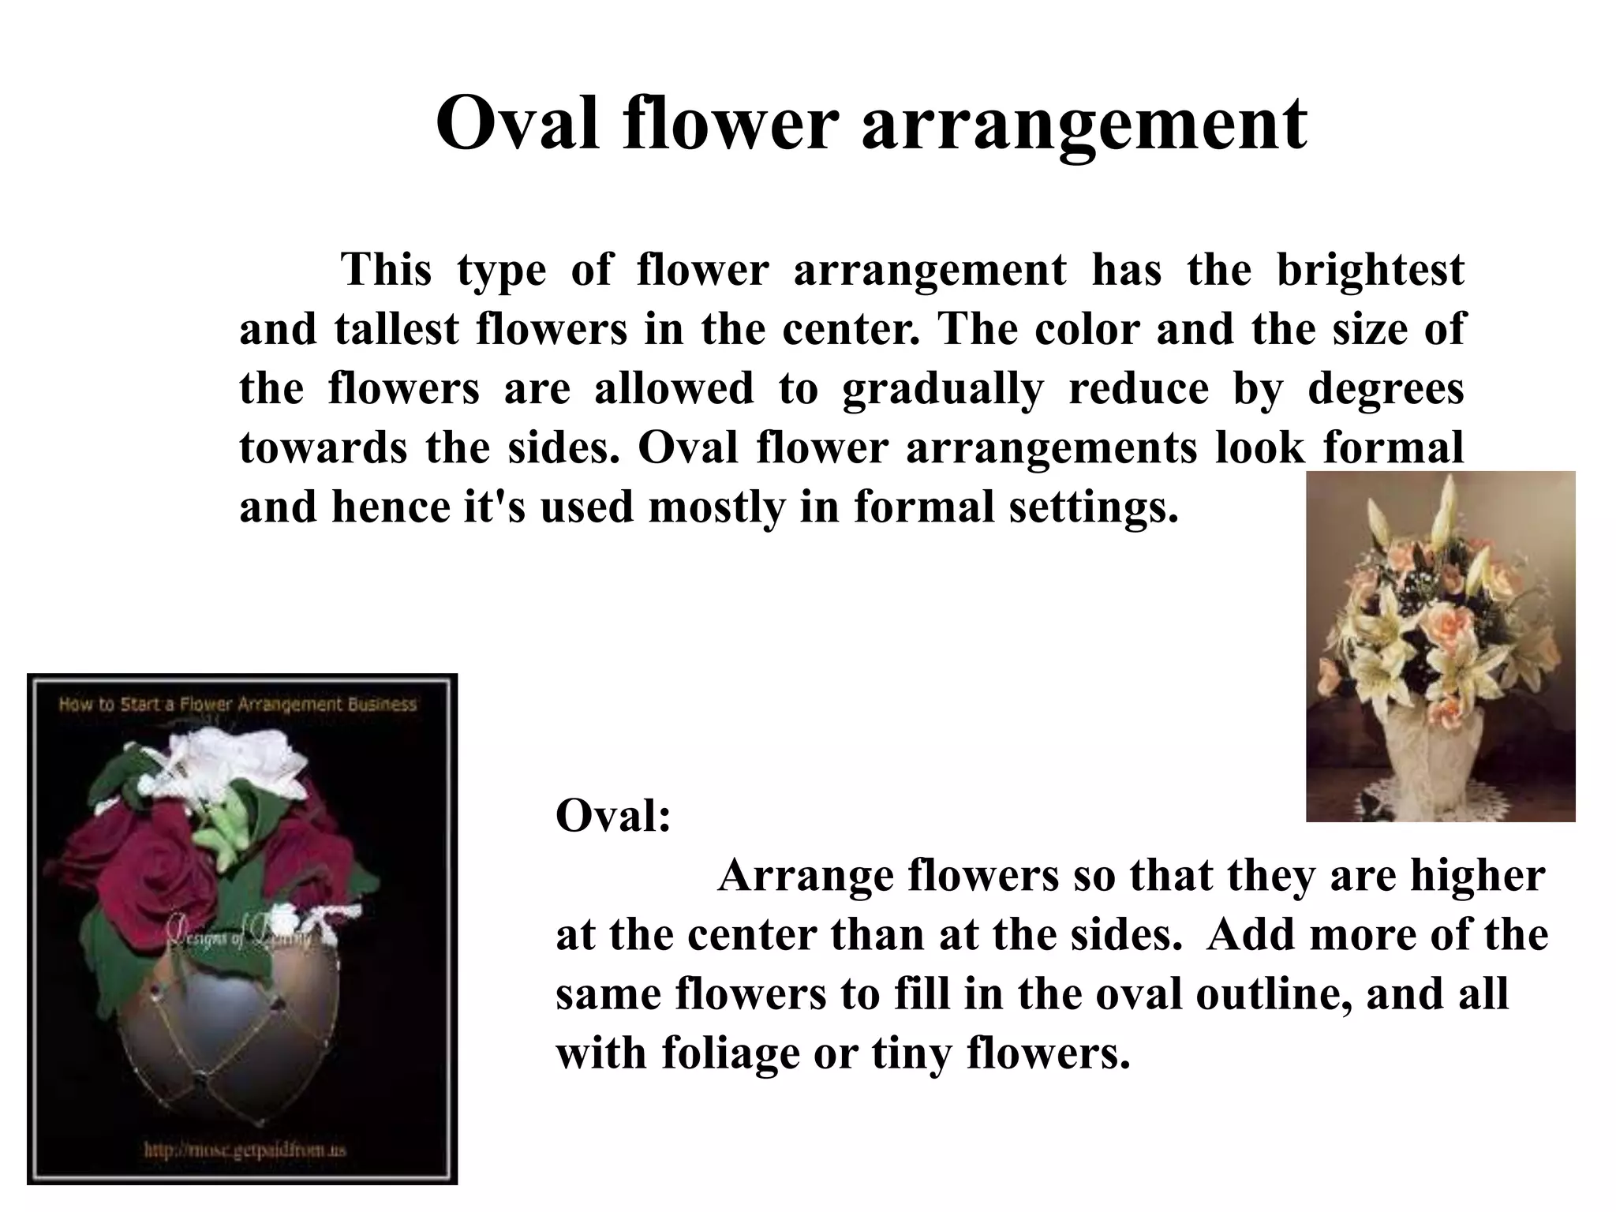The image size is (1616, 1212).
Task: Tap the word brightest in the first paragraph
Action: point(1370,271)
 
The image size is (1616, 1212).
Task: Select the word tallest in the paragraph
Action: point(396,329)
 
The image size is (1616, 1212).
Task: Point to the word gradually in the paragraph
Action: point(943,388)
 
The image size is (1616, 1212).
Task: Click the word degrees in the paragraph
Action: point(1386,388)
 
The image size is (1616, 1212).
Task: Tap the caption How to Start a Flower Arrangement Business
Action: point(238,704)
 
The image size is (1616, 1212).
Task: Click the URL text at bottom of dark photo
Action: point(245,1150)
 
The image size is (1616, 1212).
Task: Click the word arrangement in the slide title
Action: point(1084,124)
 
